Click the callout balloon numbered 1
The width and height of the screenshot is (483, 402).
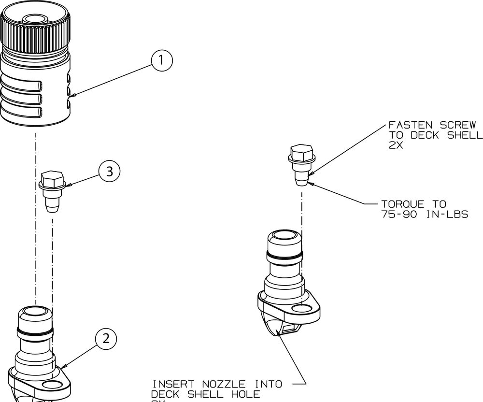pos(161,61)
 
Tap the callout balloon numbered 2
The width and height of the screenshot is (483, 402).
pos(106,338)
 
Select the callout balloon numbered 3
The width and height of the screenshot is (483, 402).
pos(110,172)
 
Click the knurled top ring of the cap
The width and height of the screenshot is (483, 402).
pos(35,32)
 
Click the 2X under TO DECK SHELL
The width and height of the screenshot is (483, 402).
pos(396,145)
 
